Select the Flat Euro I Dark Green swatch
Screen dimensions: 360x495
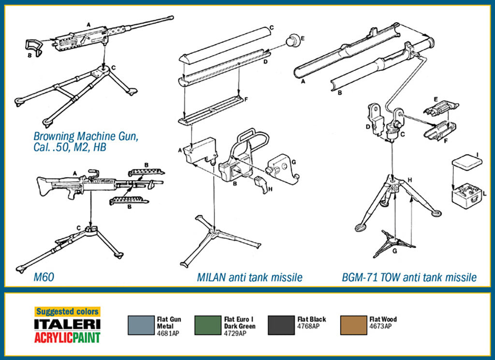tap(207, 325)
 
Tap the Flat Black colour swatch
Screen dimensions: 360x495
tap(280, 325)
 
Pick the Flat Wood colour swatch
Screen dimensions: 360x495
tap(353, 325)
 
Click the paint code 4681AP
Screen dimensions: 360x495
tap(168, 333)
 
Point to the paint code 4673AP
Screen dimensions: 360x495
tap(380, 326)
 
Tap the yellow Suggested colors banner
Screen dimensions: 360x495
tap(67, 312)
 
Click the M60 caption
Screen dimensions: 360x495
tap(44, 277)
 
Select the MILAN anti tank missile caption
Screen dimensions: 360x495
tap(249, 277)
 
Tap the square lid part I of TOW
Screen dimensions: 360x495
tap(466, 162)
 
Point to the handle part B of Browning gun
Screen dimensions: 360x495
tap(32, 45)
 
